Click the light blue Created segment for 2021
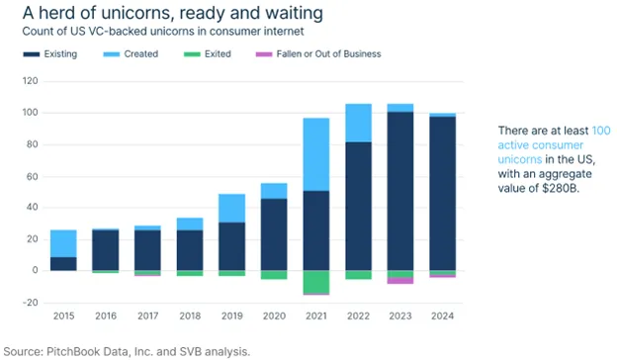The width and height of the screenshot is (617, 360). click(316, 154)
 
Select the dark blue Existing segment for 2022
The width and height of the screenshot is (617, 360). click(359, 206)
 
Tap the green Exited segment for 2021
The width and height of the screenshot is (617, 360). click(316, 282)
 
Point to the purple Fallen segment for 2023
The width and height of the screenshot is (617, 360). click(400, 281)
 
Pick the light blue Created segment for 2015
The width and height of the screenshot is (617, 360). click(63, 243)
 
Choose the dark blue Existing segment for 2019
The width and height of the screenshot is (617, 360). click(232, 246)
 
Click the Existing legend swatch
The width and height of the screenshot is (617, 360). click(32, 54)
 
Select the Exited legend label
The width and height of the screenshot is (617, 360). click(218, 54)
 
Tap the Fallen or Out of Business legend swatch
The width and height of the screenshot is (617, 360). click(264, 54)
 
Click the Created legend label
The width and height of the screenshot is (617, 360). click(141, 54)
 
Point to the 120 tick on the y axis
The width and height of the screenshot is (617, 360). click(31, 81)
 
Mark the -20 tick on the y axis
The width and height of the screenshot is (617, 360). click(30, 303)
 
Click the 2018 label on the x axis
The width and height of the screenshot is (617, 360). click(190, 315)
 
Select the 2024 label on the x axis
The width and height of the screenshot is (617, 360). click(442, 315)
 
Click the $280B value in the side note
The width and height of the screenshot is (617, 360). click(561, 188)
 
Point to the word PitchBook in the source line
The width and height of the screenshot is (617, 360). click(73, 352)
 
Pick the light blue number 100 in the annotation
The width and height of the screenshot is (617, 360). click(601, 131)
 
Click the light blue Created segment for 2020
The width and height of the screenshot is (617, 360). click(274, 191)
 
